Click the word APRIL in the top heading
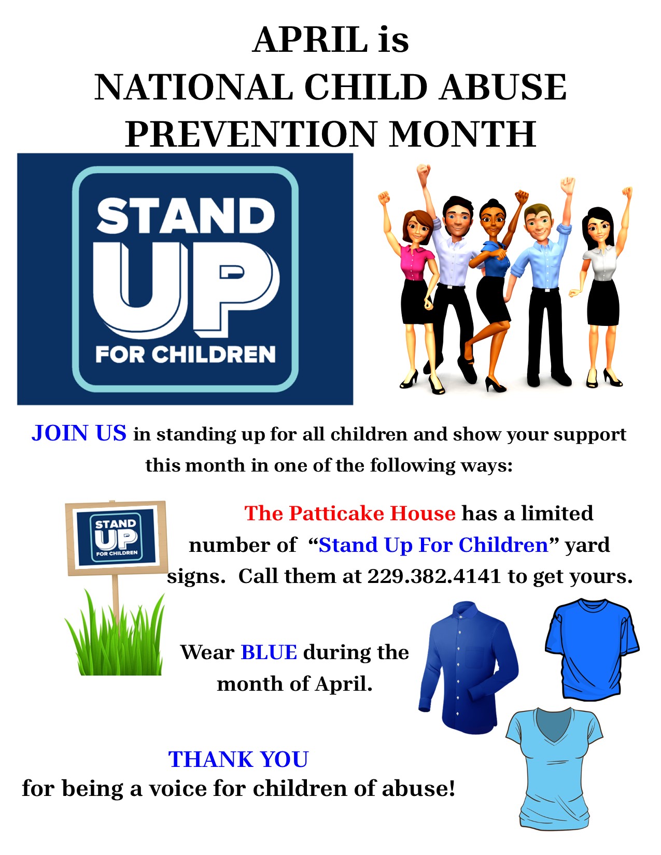pyautogui.click(x=311, y=39)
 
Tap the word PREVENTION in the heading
pyautogui.click(x=251, y=134)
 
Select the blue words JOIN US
pyautogui.click(x=79, y=433)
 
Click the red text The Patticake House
pyautogui.click(x=349, y=513)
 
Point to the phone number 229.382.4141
pyautogui.click(x=434, y=576)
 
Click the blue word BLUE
pyautogui.click(x=269, y=652)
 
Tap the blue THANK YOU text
pyautogui.click(x=238, y=759)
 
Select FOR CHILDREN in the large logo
pyautogui.click(x=186, y=354)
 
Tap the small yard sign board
pyautogui.click(x=117, y=538)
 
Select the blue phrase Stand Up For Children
pyautogui.click(x=433, y=545)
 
